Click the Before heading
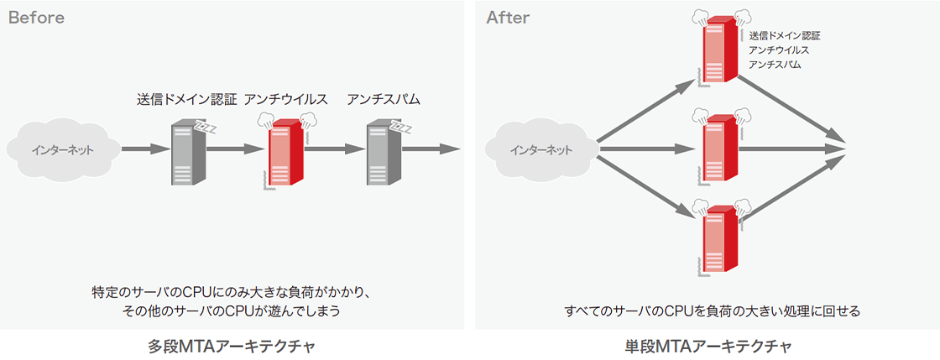(x=36, y=18)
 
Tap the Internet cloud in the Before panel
(x=62, y=150)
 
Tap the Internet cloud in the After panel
(x=541, y=150)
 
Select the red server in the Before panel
(x=283, y=155)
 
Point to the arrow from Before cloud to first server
(x=145, y=150)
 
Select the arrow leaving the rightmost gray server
(x=431, y=150)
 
